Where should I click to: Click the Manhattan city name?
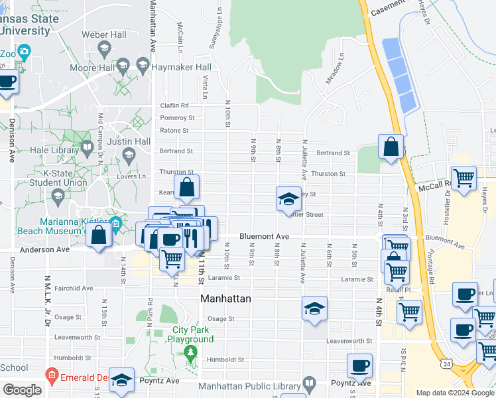[x=226, y=299]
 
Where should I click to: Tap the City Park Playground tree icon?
[x=191, y=351]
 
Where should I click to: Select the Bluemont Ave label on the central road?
[x=264, y=236]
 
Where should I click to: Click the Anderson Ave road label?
[x=45, y=250]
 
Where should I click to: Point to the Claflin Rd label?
[x=174, y=105]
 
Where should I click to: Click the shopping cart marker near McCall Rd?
[x=464, y=178]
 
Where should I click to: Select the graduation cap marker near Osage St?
[x=314, y=308]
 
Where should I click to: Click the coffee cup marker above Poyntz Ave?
[x=359, y=365]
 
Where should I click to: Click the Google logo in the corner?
[x=22, y=390]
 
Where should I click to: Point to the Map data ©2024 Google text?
[x=454, y=393]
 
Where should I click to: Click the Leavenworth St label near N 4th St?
[x=347, y=341]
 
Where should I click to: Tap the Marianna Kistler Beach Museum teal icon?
[x=116, y=222]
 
